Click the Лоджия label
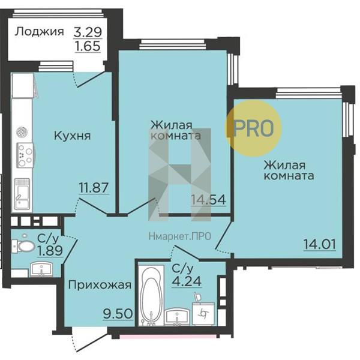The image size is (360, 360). [40, 32]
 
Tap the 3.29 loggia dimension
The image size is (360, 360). [87, 31]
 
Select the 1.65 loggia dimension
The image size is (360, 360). [87, 46]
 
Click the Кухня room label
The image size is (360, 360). [71, 135]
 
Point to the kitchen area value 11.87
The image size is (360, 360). [93, 187]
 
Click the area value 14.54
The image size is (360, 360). [208, 200]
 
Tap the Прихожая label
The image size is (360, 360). [98, 286]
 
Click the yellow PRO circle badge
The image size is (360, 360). [253, 127]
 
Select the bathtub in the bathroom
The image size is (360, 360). [150, 294]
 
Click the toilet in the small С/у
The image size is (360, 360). [23, 246]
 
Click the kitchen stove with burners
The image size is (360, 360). [23, 155]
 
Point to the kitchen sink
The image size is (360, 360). [23, 194]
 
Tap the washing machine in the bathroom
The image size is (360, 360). [204, 313]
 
